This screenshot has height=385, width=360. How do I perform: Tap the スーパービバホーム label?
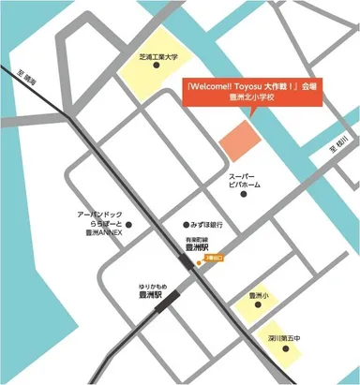click(246, 182)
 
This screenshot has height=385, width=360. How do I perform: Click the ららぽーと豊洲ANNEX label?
click(99, 226)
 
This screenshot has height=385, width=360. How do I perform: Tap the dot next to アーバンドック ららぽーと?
click(129, 225)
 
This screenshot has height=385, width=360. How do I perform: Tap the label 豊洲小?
click(260, 296)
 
